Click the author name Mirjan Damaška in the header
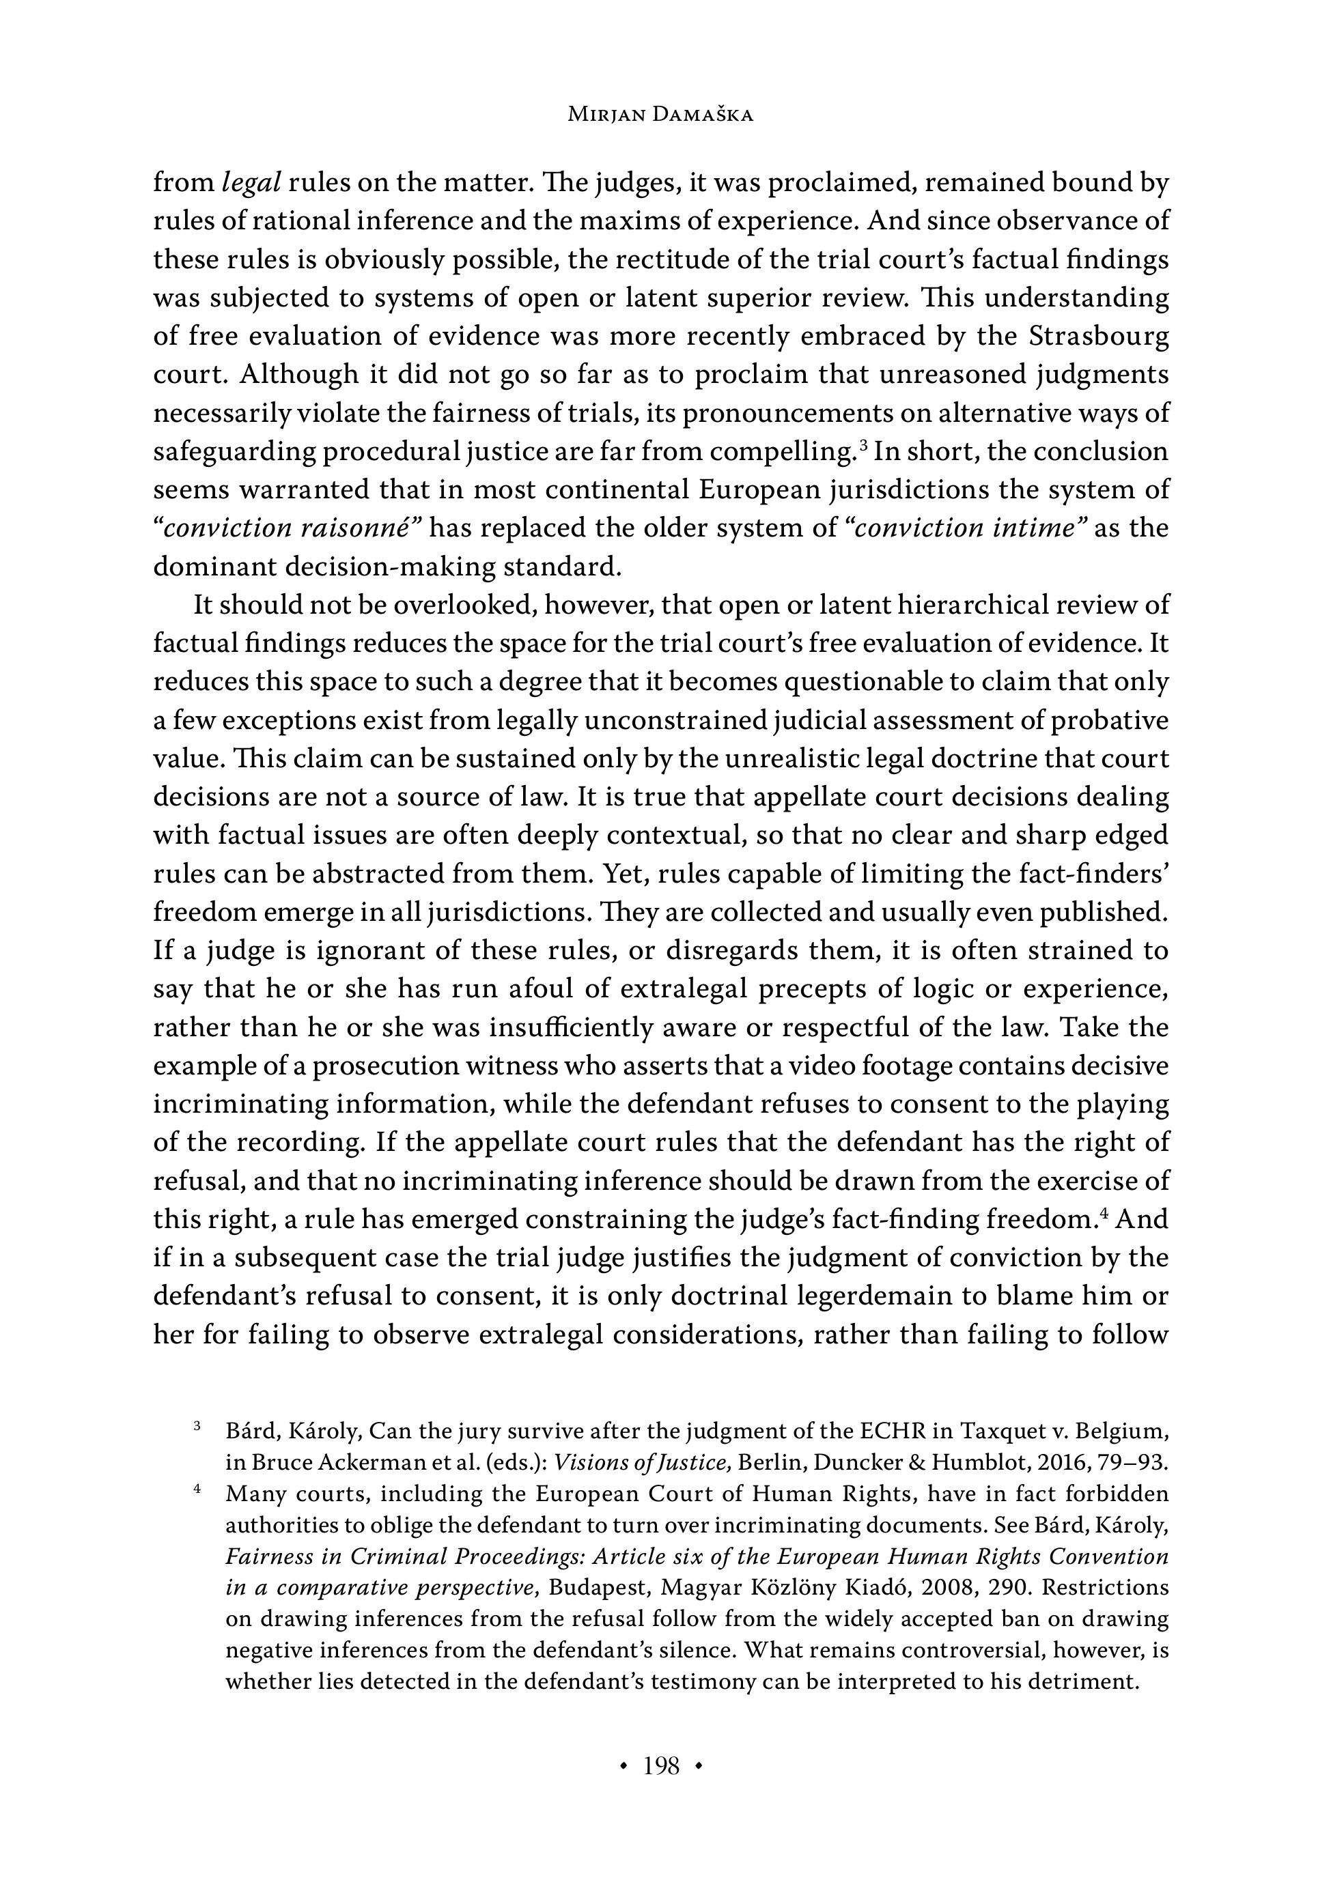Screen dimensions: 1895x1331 pos(660,115)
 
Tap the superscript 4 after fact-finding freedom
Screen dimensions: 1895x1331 pos(1103,1213)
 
